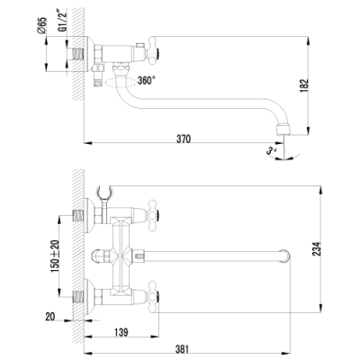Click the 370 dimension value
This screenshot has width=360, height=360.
coord(184,139)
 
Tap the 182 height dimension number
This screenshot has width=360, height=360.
coord(304,85)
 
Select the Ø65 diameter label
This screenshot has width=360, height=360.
coord(42,25)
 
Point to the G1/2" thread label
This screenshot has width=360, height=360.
coord(62,21)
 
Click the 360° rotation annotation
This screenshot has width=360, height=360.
coord(147,80)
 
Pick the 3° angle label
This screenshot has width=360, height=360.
coord(271,149)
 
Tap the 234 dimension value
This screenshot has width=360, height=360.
coord(317,248)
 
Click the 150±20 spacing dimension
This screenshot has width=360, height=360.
coord(55,256)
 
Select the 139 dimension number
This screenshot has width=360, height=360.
coord(121,332)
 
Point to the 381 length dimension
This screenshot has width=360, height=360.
coord(182,349)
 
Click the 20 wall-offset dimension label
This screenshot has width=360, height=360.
coord(50,316)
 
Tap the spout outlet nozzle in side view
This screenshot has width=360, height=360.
coord(283,129)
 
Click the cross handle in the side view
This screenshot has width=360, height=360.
coord(152,50)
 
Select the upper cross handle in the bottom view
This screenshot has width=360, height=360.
coord(152,215)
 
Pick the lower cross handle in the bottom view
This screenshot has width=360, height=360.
coord(152,296)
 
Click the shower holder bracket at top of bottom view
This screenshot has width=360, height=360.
coord(103,193)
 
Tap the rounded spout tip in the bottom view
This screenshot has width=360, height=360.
coord(285,256)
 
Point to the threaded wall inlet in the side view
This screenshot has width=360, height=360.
coord(77,54)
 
